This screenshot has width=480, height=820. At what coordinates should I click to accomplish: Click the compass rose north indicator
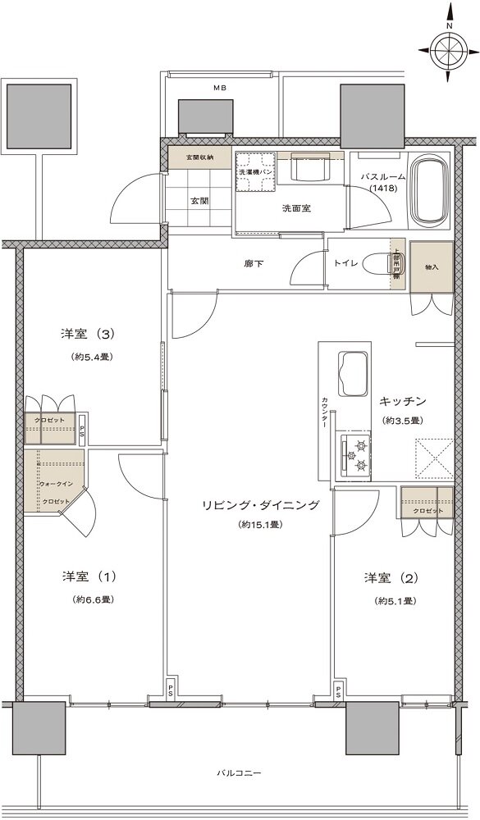coord(450,51)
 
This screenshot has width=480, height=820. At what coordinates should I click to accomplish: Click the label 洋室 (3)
coord(91,334)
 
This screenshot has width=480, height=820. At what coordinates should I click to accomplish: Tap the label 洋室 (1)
coord(91,576)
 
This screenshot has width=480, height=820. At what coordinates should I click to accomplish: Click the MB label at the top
coord(220,88)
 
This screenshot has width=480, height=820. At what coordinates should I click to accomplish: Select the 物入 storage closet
coord(432,267)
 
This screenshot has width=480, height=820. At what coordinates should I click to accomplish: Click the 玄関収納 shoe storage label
coord(199,157)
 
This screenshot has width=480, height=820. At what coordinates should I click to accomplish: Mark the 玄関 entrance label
coord(199,200)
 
